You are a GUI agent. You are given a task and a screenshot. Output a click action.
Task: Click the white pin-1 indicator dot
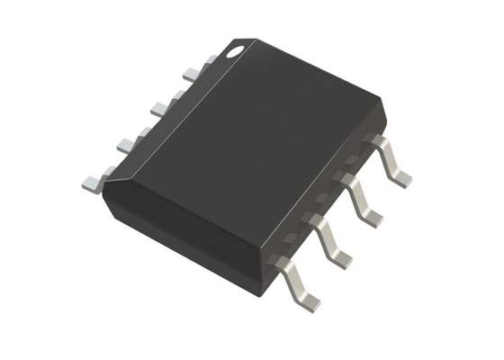pyautogui.click(x=235, y=51)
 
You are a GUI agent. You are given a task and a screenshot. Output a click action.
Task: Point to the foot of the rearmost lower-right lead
pyautogui.click(x=400, y=176)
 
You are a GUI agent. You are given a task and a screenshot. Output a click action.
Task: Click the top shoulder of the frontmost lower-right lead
pyautogui.click(x=283, y=263)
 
